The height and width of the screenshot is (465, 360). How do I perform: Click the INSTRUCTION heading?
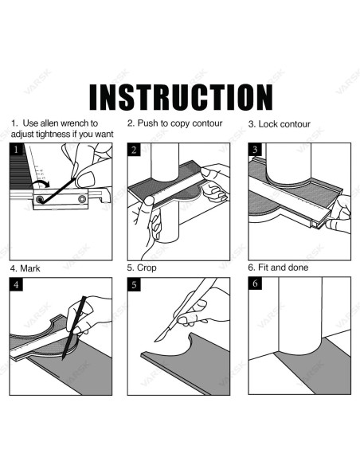point(181,97)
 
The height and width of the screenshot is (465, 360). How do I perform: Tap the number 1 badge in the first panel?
point(16,150)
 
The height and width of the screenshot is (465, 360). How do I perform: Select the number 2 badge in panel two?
point(134,150)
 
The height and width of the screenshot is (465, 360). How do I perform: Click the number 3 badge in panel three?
point(255,150)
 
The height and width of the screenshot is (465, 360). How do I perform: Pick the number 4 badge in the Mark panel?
point(16,285)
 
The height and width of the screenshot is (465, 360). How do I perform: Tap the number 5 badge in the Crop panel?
point(134,285)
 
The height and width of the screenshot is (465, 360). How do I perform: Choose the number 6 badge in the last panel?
point(255,283)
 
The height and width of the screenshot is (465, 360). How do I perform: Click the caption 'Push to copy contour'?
point(180,123)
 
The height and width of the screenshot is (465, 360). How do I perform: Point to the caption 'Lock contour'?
point(284,124)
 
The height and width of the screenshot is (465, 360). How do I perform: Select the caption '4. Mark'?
point(25,268)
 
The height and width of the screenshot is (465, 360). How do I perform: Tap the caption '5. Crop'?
point(142,268)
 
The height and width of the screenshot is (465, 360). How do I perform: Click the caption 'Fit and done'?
point(283,268)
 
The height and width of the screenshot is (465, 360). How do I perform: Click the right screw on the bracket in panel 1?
point(82,199)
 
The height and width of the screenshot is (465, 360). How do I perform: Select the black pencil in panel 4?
point(74,328)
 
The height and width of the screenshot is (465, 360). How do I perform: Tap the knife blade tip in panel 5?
point(155,341)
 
